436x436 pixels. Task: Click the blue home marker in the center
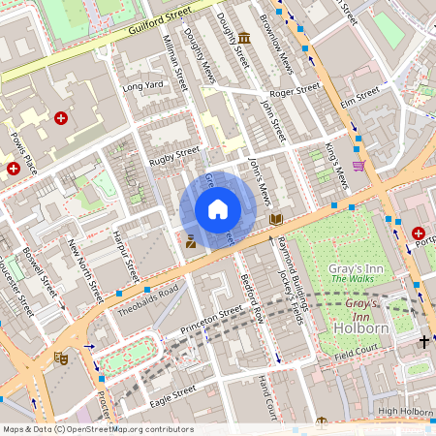pyautogui.click(x=218, y=209)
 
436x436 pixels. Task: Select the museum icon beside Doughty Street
pyautogui.click(x=243, y=39)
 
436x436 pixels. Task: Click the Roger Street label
pyautogui.click(x=295, y=90)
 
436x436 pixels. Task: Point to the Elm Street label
pyautogui.click(x=359, y=96)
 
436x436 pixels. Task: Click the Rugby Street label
pyautogui.click(x=174, y=152)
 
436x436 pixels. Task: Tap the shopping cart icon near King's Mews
pyautogui.click(x=358, y=166)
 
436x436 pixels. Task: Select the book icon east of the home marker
pyautogui.click(x=276, y=219)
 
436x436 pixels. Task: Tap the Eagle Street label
pyautogui.click(x=172, y=390)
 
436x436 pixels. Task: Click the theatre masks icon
pyautogui.click(x=62, y=357)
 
